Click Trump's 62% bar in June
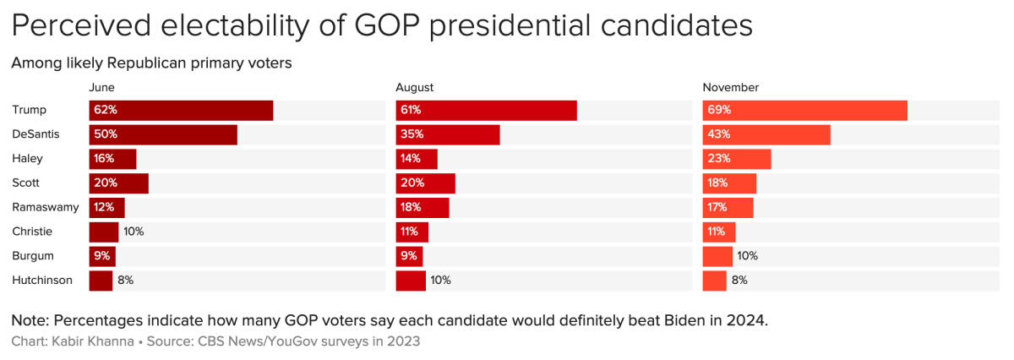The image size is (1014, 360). pyautogui.click(x=181, y=111)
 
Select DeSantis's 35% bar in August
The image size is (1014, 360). pyautogui.click(x=448, y=134)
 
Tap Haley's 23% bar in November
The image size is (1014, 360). pyautogui.click(x=737, y=159)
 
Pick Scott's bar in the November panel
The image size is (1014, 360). pyautogui.click(x=729, y=183)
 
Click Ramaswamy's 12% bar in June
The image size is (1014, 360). pyautogui.click(x=107, y=207)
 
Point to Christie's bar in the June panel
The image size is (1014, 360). pyautogui.click(x=104, y=232)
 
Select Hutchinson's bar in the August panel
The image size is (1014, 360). pyautogui.click(x=411, y=281)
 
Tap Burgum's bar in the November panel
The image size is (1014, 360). pyautogui.click(x=717, y=256)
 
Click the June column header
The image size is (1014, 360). pyautogui.click(x=101, y=88)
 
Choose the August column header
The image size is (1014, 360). pyautogui.click(x=415, y=88)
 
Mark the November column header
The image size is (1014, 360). pyautogui.click(x=731, y=88)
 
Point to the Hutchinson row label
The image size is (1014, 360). pyautogui.click(x=42, y=281)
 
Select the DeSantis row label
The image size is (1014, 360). pyautogui.click(x=35, y=134)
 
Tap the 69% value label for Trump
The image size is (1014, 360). pyautogui.click(x=720, y=111)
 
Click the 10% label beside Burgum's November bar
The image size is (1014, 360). pyautogui.click(x=747, y=256)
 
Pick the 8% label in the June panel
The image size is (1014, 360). pyautogui.click(x=125, y=281)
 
